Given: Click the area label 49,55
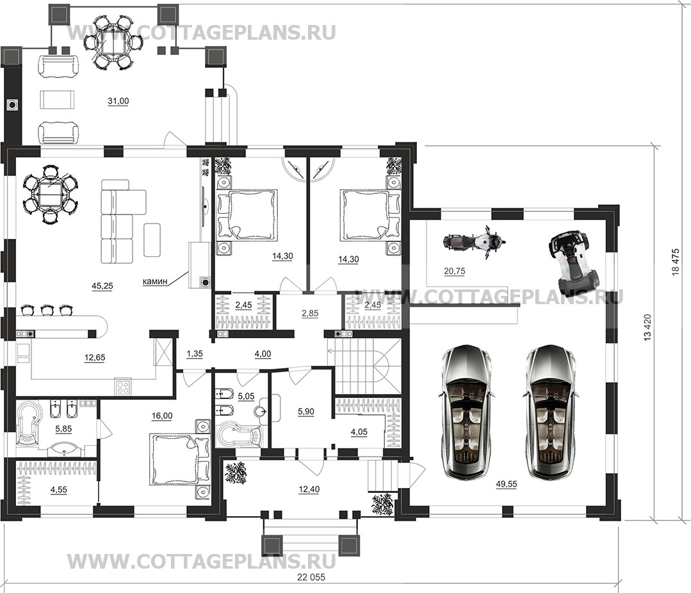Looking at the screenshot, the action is [507, 484].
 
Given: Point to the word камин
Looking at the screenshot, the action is [155, 281].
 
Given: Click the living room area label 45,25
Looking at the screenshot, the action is [102, 286].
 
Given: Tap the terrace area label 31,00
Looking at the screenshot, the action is [118, 101].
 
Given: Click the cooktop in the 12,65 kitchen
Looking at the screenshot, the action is [123, 387].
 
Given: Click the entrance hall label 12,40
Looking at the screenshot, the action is [309, 489].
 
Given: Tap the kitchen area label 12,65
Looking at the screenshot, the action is [95, 358].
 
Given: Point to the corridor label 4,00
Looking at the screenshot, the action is [263, 353].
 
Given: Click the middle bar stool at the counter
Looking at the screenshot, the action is [46, 310].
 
